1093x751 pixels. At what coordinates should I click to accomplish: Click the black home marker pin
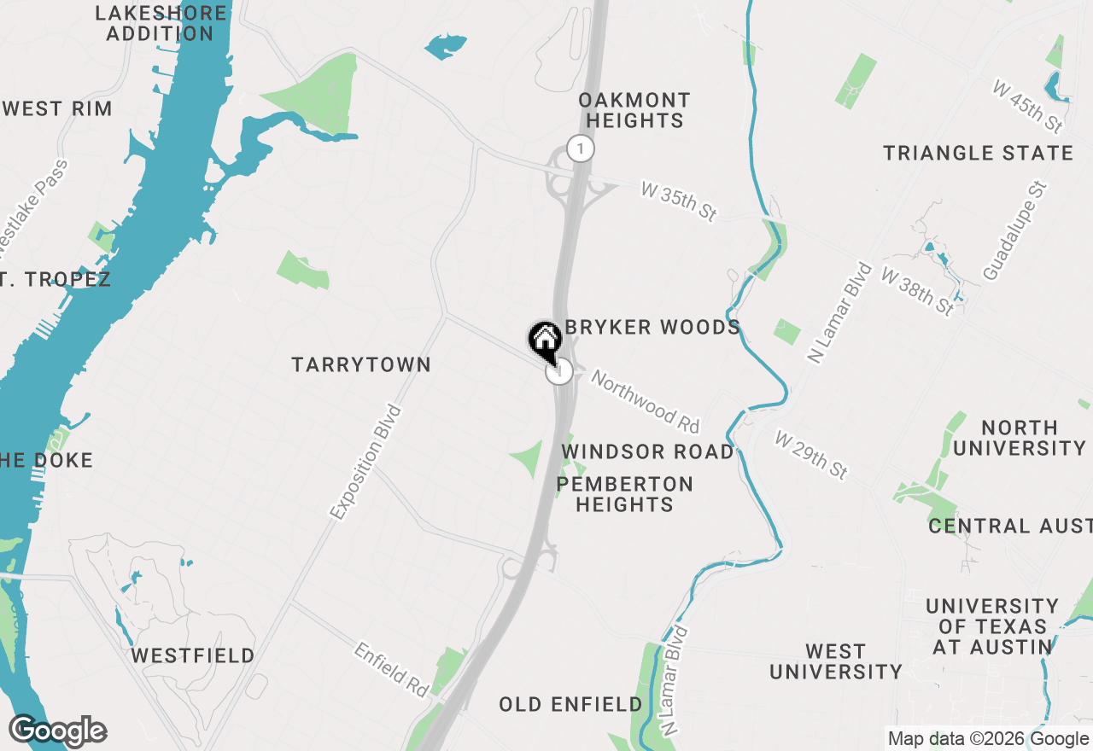pos(545,340)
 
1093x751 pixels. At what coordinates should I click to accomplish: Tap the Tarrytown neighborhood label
pos(361,364)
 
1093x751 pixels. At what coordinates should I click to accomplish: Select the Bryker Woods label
pos(653,328)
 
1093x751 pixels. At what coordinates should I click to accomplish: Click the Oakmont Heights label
pos(634,110)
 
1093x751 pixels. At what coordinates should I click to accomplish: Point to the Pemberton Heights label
pos(625,494)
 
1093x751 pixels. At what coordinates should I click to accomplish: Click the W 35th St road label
pos(679,202)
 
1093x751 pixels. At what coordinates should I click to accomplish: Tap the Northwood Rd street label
pos(646,401)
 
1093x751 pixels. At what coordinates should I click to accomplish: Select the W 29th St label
pos(811,454)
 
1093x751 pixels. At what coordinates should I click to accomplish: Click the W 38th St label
pos(918,292)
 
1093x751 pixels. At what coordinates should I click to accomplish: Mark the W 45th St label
pos(1028,106)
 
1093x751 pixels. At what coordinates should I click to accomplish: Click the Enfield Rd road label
pos(391,670)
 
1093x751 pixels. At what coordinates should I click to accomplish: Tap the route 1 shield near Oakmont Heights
pos(581,148)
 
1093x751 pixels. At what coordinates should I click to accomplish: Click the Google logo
pos(58,731)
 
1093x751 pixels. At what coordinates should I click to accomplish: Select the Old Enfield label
pos(570,704)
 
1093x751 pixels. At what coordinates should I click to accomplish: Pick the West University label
pos(835,661)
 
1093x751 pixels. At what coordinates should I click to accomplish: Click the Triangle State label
pos(978,153)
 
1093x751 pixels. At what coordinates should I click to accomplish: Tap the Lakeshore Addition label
pos(161,24)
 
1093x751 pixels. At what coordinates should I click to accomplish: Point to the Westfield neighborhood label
pos(193,655)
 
